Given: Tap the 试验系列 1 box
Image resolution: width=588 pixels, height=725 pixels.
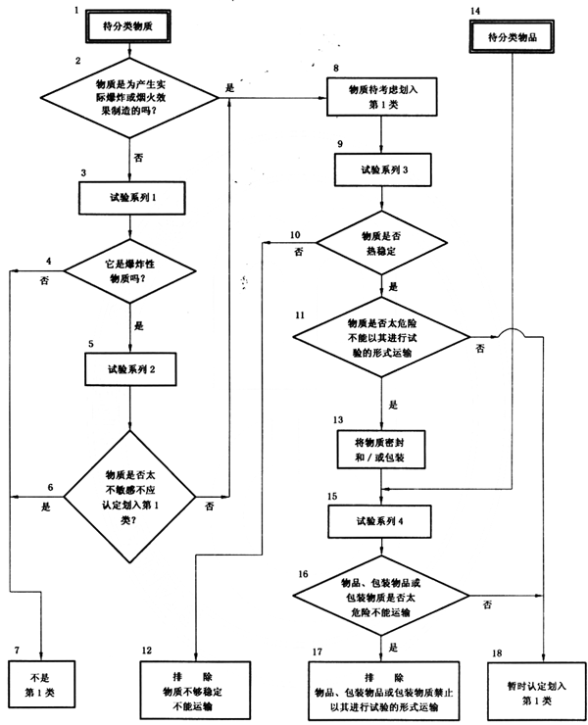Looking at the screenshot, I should (132, 197).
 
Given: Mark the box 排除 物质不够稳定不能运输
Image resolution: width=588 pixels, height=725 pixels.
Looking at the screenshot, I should (196, 680).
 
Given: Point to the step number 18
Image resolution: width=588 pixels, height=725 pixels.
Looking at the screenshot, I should (498, 652).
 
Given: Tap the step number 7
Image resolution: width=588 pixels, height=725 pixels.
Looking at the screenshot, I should (16, 650).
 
